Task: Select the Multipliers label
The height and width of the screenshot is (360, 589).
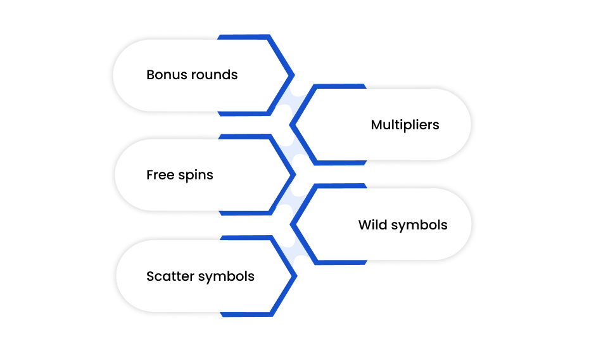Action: point(405,125)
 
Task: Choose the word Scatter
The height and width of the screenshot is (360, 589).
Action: point(170,276)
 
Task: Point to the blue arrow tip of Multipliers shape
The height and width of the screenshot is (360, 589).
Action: point(292,125)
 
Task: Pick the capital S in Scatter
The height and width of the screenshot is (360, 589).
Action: point(150,276)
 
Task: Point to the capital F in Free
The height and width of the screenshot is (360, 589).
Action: point(149,175)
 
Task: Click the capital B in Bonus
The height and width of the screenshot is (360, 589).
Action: point(150,75)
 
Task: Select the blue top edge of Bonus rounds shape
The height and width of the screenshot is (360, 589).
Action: point(244,37)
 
